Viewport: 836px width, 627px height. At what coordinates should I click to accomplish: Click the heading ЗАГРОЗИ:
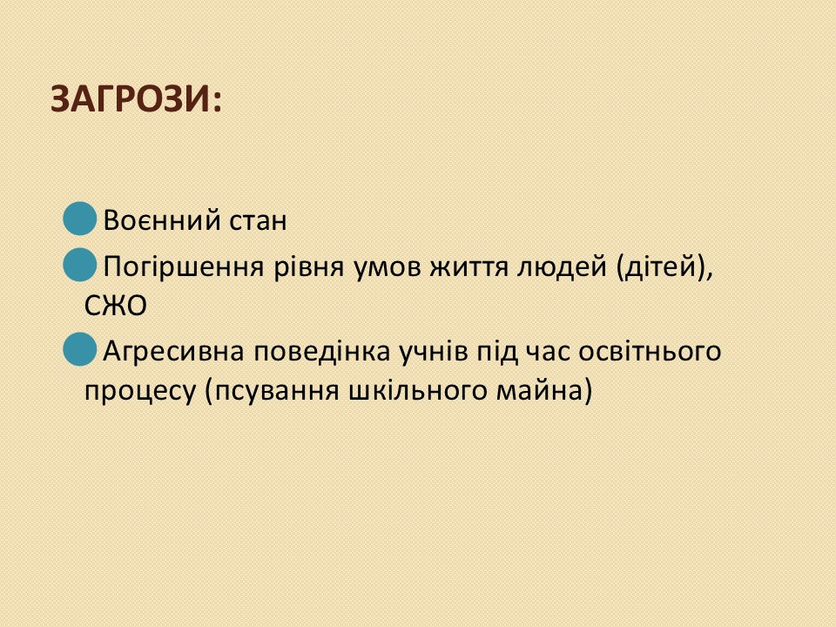(x=136, y=99)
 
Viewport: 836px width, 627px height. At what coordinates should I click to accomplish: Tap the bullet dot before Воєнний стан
(x=79, y=219)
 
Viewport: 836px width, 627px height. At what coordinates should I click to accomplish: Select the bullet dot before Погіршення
(x=79, y=265)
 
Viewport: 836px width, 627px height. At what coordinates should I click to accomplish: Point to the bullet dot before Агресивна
(x=79, y=349)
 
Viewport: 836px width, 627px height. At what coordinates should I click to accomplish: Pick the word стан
(x=258, y=220)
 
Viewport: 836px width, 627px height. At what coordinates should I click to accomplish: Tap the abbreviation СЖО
(x=116, y=306)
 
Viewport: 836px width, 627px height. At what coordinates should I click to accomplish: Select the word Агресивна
(x=174, y=351)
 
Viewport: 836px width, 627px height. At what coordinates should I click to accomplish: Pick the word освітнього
(x=650, y=351)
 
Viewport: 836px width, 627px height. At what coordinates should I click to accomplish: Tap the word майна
(x=540, y=391)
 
